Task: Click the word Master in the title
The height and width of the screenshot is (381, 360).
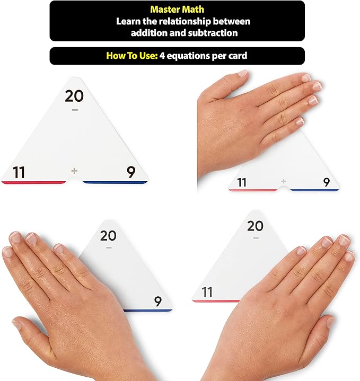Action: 164,10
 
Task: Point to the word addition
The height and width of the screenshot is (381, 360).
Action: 150,32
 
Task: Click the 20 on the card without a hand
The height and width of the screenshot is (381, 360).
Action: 75,96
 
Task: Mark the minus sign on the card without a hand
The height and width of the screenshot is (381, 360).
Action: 75,110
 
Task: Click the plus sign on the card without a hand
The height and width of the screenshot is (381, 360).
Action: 74,171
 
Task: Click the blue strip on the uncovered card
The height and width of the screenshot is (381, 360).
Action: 115,182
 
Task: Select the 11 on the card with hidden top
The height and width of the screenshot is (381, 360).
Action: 242,182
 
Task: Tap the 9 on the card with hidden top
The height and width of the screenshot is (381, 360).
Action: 327,182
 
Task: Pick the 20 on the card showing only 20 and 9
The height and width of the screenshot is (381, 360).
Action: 109,235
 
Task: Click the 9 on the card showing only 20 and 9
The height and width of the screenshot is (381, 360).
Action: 157,302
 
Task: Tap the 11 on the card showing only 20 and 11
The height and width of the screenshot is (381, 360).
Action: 207,292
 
